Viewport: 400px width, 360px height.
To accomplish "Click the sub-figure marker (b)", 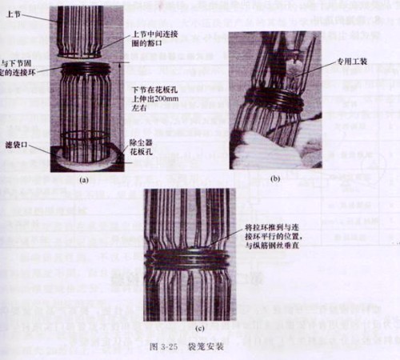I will [x=276, y=180].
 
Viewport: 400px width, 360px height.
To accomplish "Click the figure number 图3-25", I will [x=157, y=348].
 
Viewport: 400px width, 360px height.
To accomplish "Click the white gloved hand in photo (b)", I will [x=272, y=152].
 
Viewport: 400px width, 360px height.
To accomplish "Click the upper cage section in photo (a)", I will [x=80, y=28].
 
